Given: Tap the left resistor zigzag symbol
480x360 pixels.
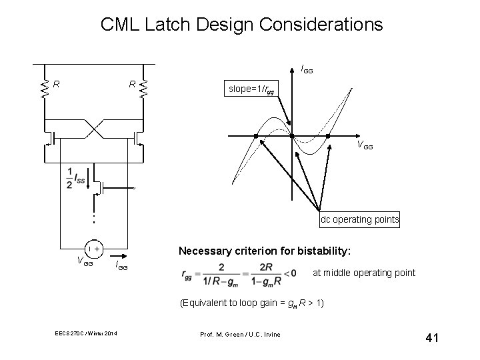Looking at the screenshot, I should pos(45,89).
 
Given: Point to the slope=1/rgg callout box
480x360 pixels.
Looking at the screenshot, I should pos(249,89).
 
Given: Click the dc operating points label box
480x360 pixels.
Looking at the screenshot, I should pos(359,219).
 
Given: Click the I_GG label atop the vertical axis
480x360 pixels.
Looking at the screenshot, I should pos(307,68).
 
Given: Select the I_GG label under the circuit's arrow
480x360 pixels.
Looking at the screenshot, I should pos(121,267).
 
